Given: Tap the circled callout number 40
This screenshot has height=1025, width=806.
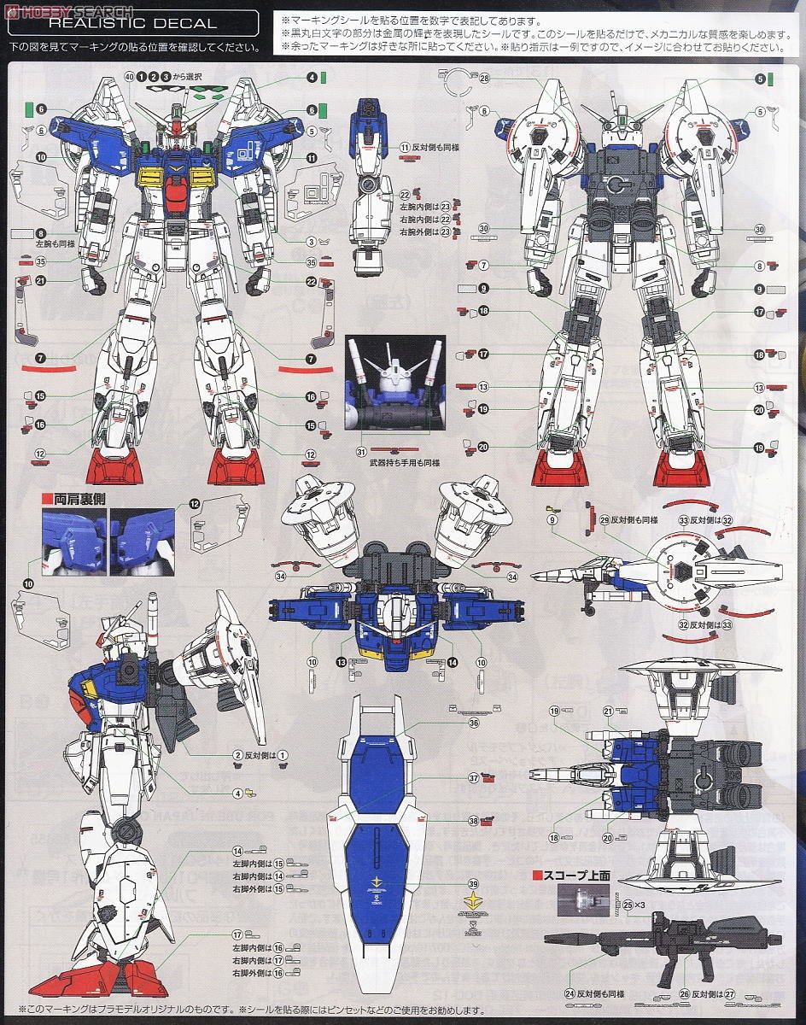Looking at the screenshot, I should [129, 77].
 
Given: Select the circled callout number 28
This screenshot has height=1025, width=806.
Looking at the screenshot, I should [483, 79].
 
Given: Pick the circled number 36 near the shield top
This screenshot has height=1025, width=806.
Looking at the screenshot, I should [472, 722].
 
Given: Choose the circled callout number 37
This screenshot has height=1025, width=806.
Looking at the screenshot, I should [472, 779].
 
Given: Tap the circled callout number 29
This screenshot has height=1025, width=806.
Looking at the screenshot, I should [604, 520].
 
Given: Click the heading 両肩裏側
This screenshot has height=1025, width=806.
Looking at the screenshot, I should [72, 495].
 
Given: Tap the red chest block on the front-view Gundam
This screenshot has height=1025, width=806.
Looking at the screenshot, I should [177, 201].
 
